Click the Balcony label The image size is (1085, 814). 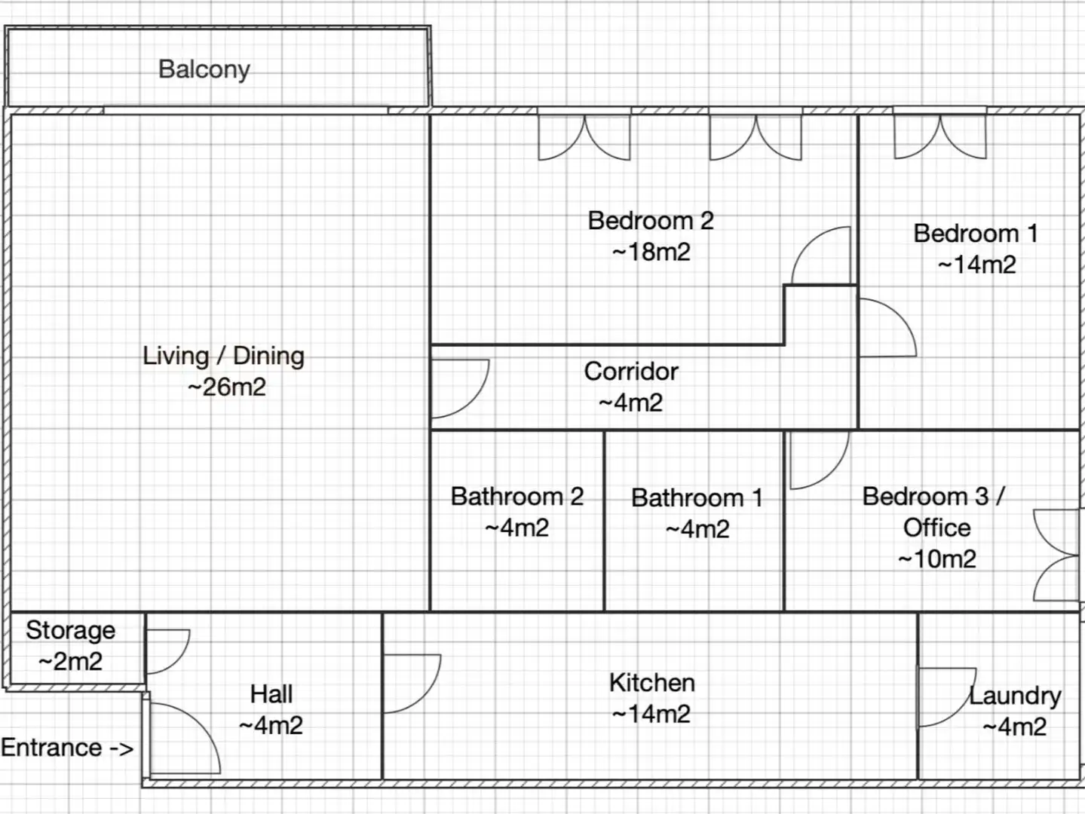click(204, 69)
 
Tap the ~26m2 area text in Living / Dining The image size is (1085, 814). click(227, 387)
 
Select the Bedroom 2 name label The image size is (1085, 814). click(651, 220)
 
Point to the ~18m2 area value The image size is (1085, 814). click(651, 252)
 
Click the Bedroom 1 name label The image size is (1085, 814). click(976, 233)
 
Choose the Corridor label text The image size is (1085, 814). click(631, 372)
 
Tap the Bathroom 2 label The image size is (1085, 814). click(517, 497)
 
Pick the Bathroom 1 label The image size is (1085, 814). click(697, 498)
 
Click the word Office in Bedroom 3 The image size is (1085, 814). click(936, 528)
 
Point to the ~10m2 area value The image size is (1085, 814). click(936, 559)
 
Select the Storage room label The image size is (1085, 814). click(71, 631)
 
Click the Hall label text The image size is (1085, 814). click(271, 694)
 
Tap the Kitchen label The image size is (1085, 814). click(652, 683)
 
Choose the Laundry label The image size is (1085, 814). click(1015, 696)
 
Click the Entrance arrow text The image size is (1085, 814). click(67, 748)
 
